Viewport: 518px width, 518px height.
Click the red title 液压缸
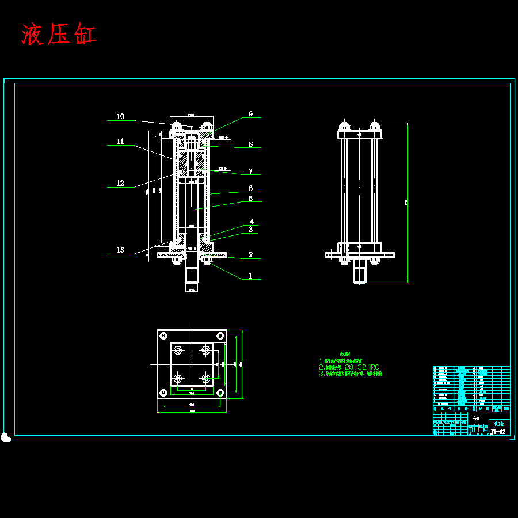(x=59, y=35)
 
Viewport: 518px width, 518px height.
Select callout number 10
(x=120, y=116)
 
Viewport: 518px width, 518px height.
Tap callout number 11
(x=120, y=141)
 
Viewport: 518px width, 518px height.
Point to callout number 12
(x=120, y=184)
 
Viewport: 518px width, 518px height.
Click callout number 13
(x=120, y=250)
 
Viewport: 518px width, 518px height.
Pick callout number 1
(x=250, y=276)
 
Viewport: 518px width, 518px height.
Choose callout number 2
(x=250, y=254)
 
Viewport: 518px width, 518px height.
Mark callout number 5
(x=250, y=199)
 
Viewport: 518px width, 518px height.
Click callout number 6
(x=250, y=188)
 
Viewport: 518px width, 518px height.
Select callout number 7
(x=250, y=171)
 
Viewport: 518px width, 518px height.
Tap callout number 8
(x=250, y=145)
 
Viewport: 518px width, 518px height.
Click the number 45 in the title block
(x=475, y=418)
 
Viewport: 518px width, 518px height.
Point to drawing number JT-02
(x=498, y=431)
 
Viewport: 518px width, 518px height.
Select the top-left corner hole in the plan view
(x=163, y=336)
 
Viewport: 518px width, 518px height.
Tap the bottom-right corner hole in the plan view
(x=220, y=393)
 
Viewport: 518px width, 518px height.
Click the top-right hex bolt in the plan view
(x=205, y=350)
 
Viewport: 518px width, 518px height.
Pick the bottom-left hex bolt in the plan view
(x=178, y=378)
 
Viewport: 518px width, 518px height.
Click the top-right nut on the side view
(x=375, y=126)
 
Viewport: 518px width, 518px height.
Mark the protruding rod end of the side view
(x=360, y=271)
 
